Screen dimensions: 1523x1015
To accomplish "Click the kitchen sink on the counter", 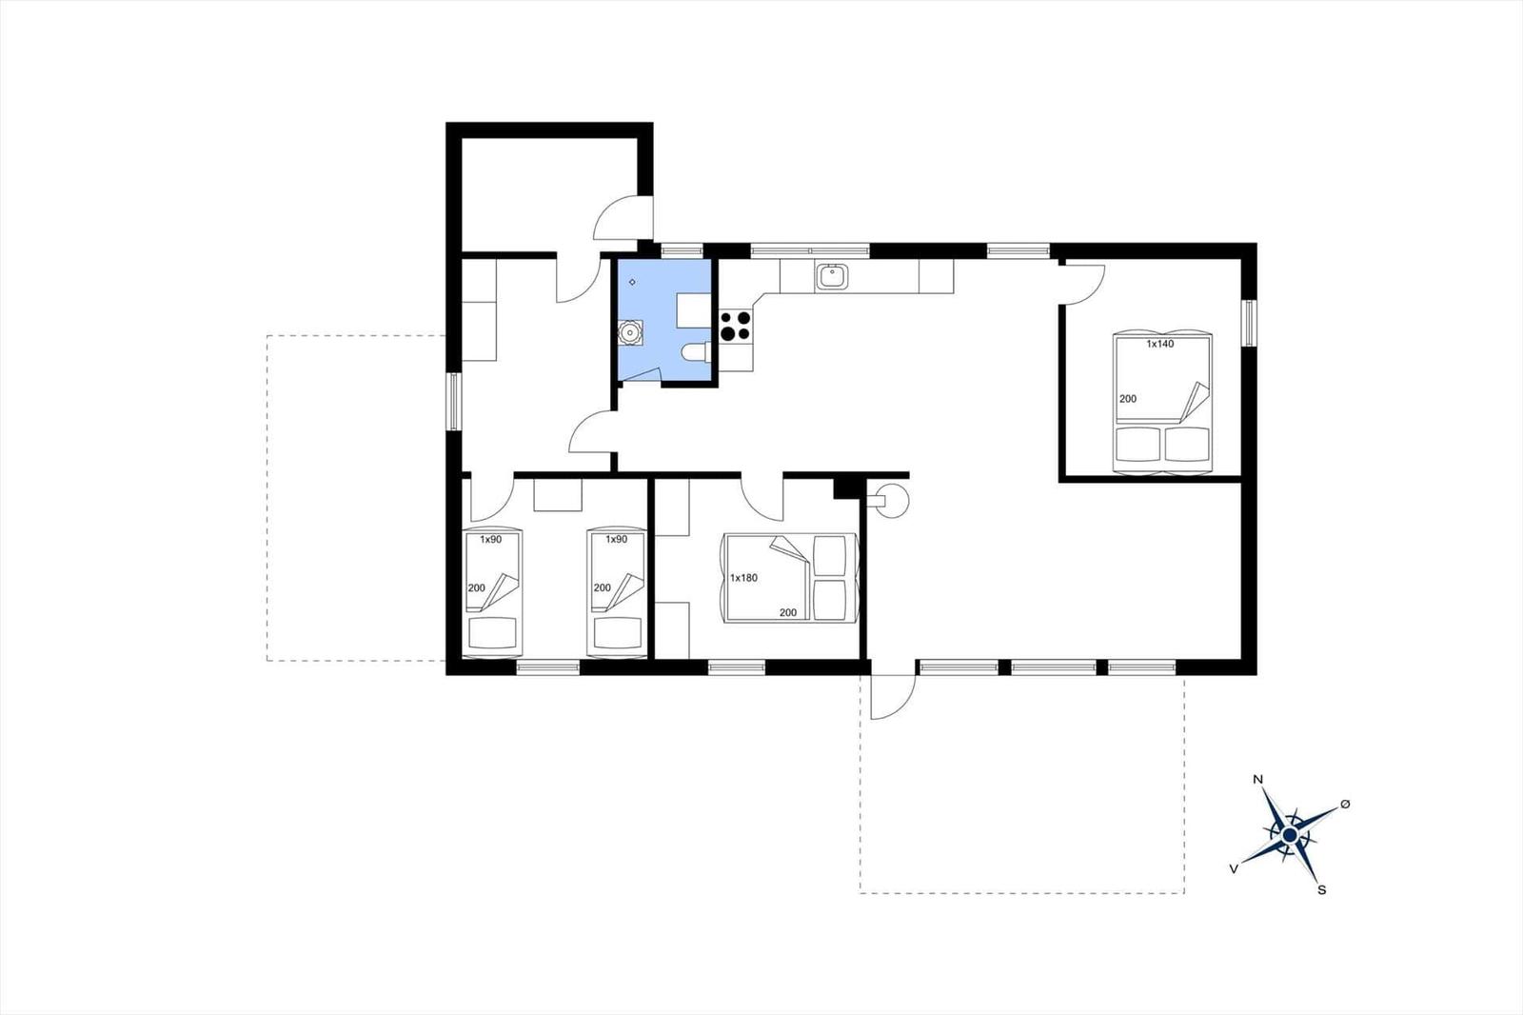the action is (832, 277).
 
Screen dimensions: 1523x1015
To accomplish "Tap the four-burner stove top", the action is (735, 326).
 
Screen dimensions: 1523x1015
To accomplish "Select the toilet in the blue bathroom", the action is (695, 351).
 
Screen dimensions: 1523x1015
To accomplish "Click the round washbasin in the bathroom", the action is (630, 332).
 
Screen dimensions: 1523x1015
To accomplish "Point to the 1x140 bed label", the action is (1160, 345).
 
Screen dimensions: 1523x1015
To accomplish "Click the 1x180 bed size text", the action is (743, 578).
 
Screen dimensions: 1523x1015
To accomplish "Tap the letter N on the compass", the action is (1257, 780).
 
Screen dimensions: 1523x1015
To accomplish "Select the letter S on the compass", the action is (1322, 890).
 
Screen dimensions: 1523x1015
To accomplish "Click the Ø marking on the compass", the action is (1345, 805).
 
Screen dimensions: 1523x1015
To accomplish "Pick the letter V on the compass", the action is (1234, 868).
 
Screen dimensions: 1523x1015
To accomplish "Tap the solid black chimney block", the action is (846, 488).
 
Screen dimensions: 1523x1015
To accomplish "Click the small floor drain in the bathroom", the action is (632, 282).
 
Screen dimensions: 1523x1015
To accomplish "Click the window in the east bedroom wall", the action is (1249, 323).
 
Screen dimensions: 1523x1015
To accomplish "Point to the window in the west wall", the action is (453, 402).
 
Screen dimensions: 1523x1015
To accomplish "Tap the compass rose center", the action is (1289, 835).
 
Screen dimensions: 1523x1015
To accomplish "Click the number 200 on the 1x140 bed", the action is (1128, 399).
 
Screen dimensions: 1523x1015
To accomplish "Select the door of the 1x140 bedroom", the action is (1082, 286).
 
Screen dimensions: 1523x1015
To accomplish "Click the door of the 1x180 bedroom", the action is (762, 500).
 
